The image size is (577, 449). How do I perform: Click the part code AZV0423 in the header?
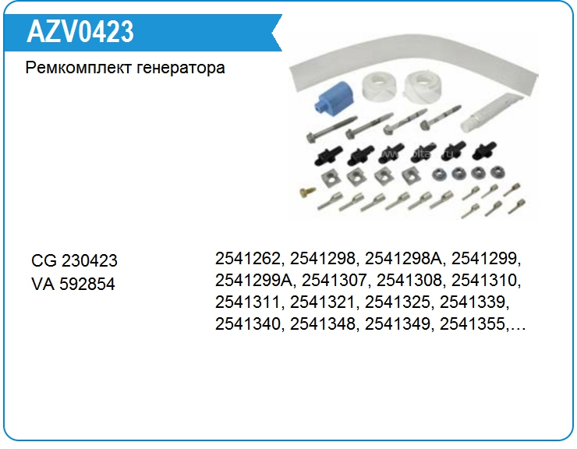point(81,32)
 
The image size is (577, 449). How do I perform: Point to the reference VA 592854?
point(73,285)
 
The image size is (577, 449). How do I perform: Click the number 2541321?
point(323,302)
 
